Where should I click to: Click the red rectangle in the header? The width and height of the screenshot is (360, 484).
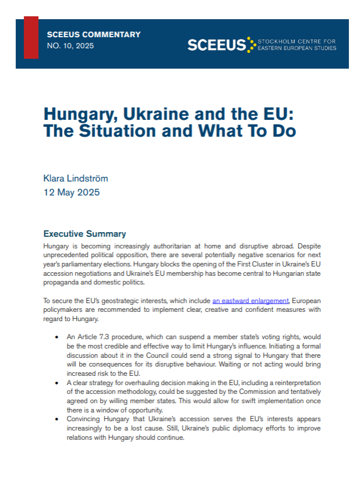31,38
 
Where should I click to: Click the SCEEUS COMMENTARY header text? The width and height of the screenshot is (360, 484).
93,34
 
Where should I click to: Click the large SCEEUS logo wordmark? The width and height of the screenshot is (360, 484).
216,45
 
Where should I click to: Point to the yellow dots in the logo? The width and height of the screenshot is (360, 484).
251,44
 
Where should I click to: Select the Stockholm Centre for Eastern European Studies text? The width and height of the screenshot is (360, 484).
297,45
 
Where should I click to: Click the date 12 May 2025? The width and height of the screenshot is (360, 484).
72,193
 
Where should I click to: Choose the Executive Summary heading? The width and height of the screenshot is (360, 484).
84,234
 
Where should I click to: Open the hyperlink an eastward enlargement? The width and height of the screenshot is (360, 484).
250,301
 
